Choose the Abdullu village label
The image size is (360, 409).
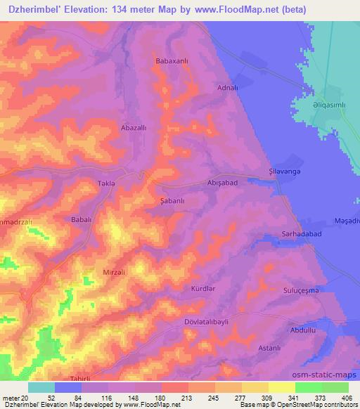[x=302, y=330]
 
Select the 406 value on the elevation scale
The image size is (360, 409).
[x=346, y=398]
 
